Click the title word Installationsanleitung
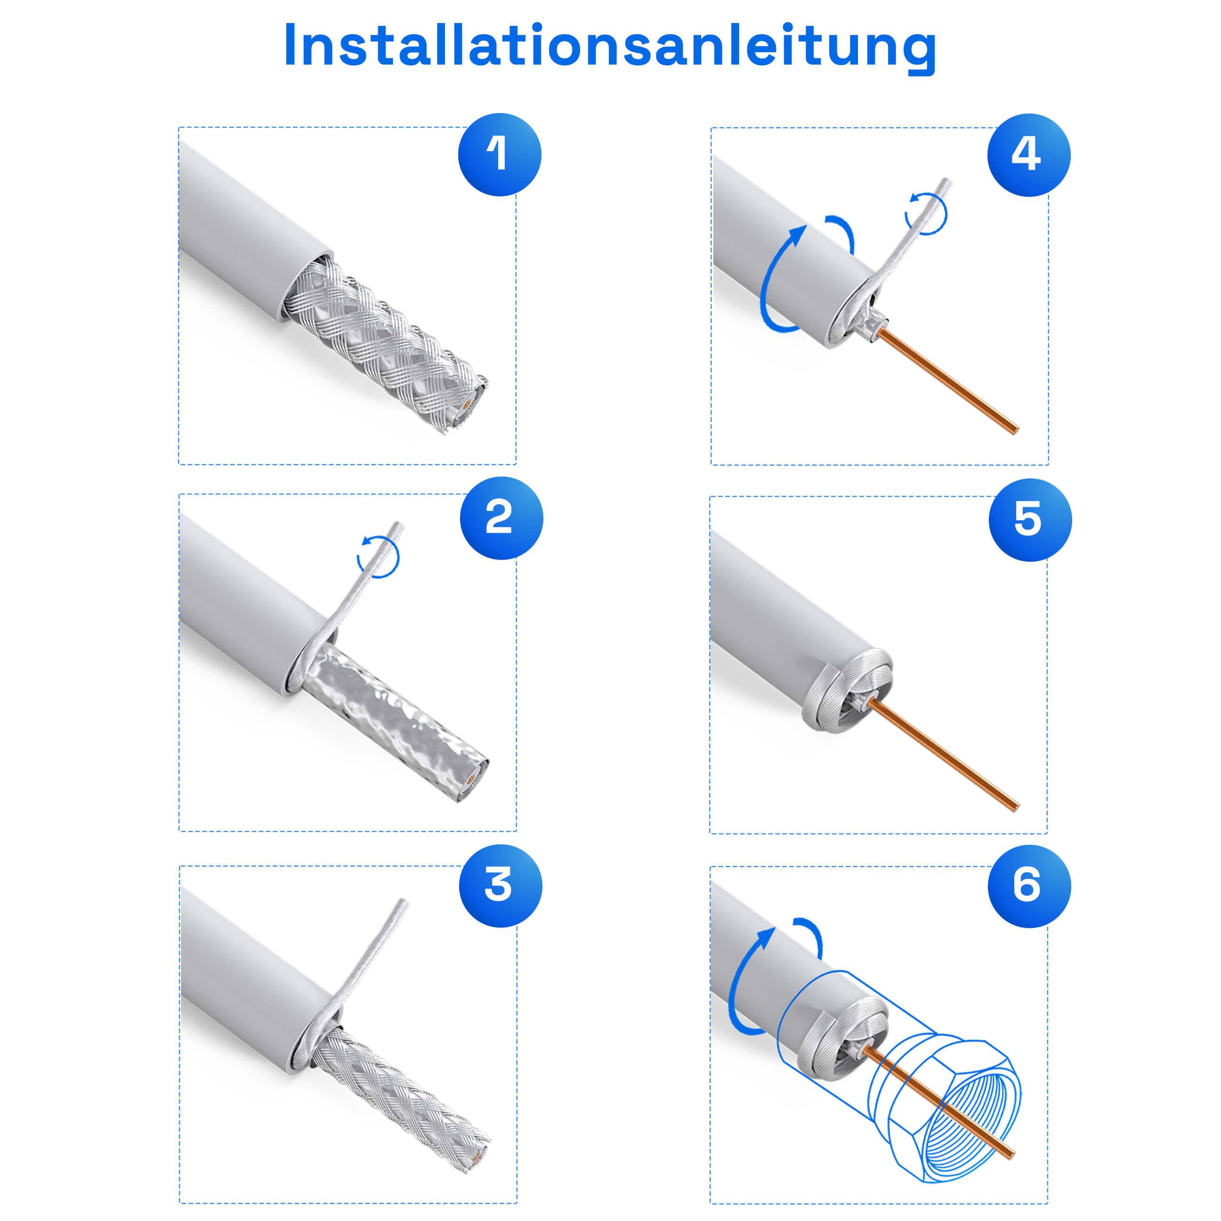click(x=610, y=46)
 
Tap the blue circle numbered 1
click(x=499, y=155)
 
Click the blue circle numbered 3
click(x=501, y=885)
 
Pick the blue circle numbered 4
click(x=1028, y=155)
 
